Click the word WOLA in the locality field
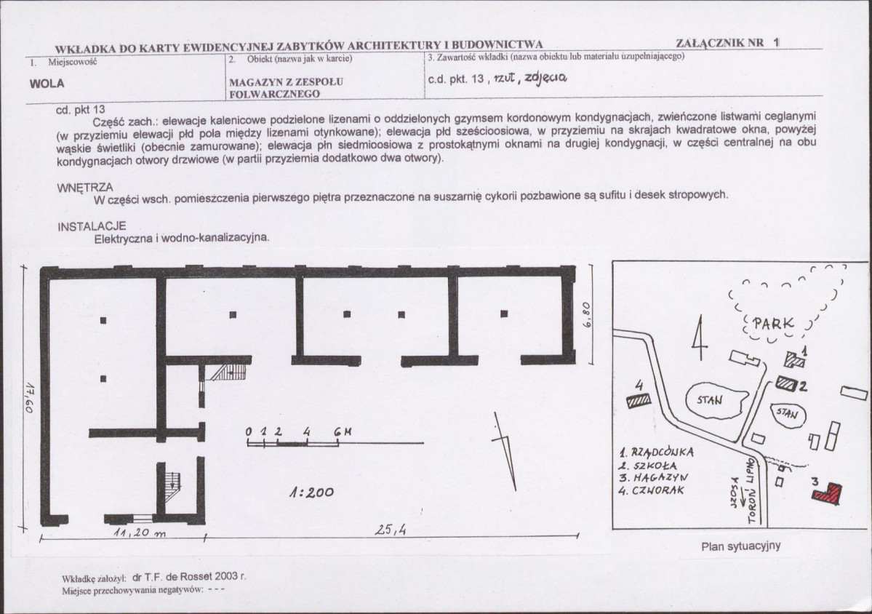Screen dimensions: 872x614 47,84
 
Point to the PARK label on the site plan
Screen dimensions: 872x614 773,324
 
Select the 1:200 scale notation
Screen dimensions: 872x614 311,493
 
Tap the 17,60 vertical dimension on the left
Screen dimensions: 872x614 30,396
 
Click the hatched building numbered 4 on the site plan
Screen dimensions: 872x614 639,400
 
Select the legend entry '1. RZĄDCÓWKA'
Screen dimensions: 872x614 656,452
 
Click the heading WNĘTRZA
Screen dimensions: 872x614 85,188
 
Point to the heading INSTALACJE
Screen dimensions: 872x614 92,226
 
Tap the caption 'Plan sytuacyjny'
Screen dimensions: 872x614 741,546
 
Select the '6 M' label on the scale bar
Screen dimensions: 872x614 343,432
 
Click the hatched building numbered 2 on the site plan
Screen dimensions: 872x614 786,383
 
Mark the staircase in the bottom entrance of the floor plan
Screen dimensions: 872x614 173,487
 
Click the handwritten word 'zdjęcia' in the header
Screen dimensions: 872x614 545,79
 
